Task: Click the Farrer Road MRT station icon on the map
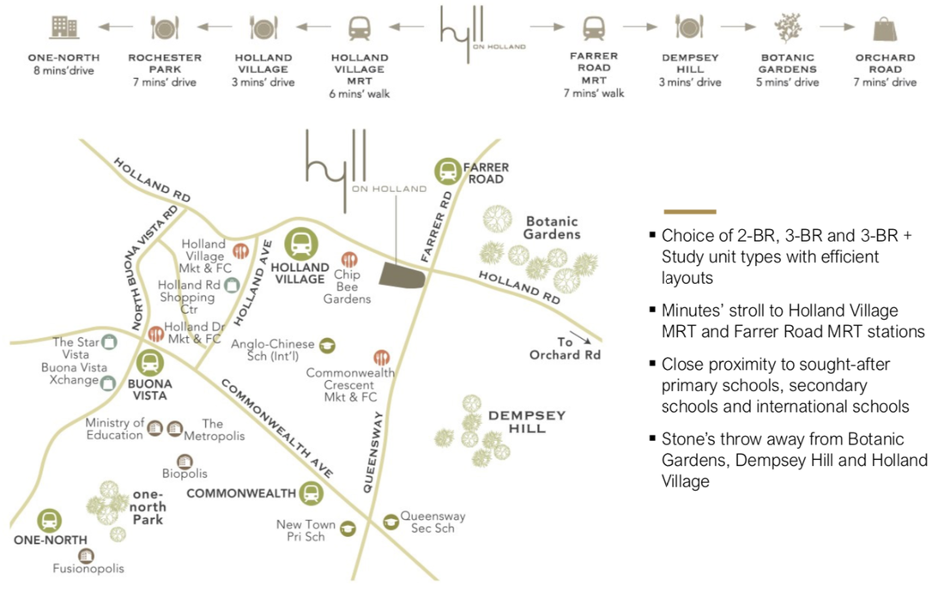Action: point(448,171)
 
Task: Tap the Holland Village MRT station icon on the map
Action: point(301,245)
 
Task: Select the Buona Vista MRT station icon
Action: point(149,363)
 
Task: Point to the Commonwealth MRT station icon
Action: point(311,493)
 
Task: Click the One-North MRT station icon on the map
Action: point(50,521)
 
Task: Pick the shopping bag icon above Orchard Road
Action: point(885,28)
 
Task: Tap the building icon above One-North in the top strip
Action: point(64,27)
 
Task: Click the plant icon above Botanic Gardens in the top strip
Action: point(788,27)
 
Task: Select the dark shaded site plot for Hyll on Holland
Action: point(402,275)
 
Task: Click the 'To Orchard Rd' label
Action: point(565,348)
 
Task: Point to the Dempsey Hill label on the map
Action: point(527,422)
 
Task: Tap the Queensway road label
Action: point(372,452)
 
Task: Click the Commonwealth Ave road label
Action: point(277,428)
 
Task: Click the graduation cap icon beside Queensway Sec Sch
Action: point(390,521)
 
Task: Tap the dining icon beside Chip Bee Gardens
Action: point(349,259)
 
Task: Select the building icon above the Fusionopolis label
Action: point(87,555)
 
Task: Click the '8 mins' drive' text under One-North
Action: point(64,70)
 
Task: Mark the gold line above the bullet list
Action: point(690,212)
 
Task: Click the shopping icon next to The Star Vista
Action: point(109,342)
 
